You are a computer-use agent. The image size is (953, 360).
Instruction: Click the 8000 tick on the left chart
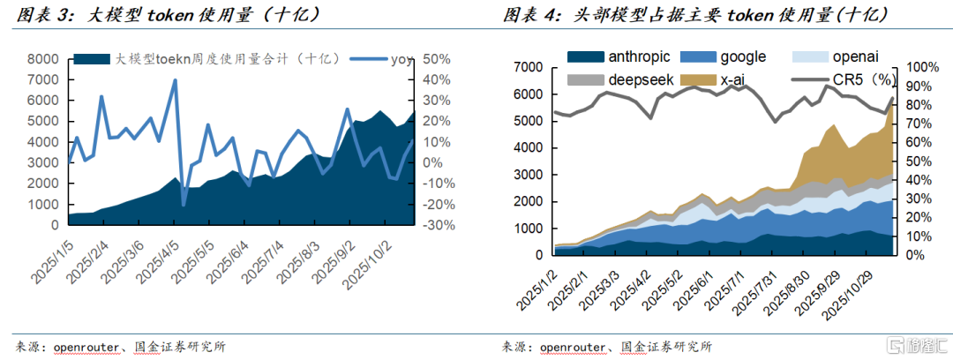(42, 59)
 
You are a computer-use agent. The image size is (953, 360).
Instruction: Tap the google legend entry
(742, 57)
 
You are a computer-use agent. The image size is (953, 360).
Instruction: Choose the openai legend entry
(854, 57)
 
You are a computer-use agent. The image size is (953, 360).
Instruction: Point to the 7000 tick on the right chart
(529, 68)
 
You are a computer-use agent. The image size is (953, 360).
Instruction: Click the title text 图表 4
(528, 16)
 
